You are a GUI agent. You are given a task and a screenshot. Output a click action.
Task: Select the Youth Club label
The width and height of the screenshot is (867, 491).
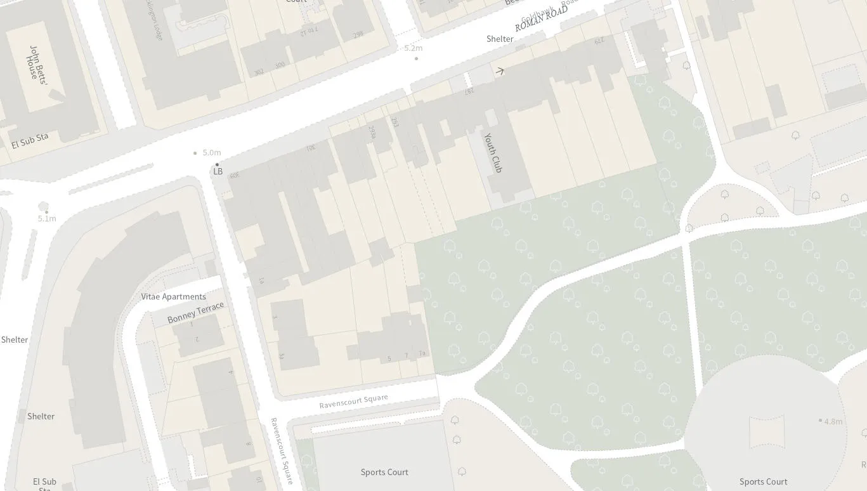coord(493,152)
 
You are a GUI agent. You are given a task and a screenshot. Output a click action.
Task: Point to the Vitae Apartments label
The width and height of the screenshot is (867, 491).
coord(173,296)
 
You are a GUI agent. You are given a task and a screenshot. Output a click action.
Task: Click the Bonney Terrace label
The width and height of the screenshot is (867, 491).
coord(195,312)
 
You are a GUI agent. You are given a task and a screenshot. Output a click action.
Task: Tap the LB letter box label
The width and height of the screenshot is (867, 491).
coord(218,171)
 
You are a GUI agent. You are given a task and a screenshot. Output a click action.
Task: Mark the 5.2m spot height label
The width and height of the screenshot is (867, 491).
coord(413,48)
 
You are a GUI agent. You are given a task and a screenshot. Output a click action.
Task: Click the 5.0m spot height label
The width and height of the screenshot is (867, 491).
coord(211,153)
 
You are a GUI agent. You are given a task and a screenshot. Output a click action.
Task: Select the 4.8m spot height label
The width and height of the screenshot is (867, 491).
coord(833,421)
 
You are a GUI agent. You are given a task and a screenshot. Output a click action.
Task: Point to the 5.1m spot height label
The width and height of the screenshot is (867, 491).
coord(47,218)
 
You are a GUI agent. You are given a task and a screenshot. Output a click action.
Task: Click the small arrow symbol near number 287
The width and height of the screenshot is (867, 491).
coord(500,71)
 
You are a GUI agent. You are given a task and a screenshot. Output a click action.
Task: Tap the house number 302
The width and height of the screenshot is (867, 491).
coord(259,72)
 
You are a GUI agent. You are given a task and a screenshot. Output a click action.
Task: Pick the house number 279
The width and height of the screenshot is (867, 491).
coord(598,41)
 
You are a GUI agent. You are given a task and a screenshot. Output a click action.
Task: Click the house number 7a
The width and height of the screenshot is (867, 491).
coord(422,353)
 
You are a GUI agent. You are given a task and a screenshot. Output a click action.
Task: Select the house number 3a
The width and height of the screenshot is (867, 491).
coord(282,357)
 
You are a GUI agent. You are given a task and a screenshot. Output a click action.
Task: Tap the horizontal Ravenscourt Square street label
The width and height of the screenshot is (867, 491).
coord(353,402)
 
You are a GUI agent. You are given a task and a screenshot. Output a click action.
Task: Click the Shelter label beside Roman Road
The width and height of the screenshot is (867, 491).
coord(500,39)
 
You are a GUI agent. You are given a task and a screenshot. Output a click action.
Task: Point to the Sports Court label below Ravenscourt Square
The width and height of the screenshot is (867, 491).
coord(384,472)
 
